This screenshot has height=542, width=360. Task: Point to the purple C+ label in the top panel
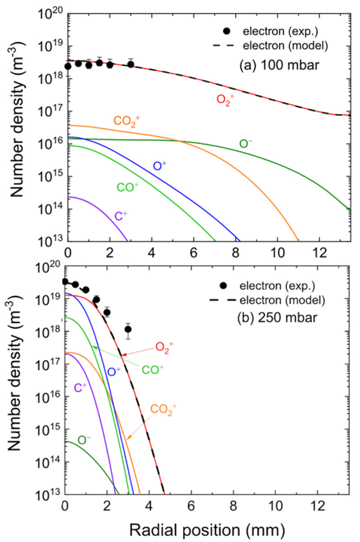120,217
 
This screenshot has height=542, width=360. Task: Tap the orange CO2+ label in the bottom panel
164,409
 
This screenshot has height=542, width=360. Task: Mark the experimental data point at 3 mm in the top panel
131,64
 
